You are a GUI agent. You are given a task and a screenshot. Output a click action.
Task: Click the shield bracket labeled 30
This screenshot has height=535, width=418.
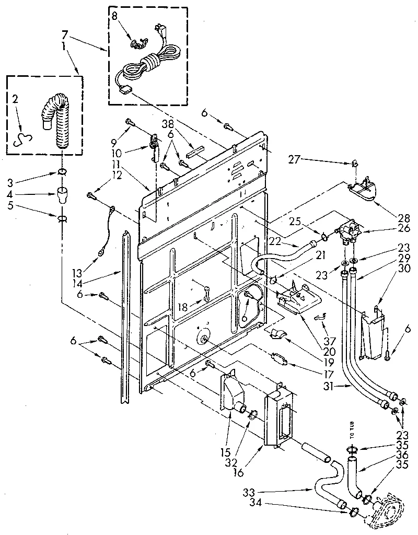tap(375, 334)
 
